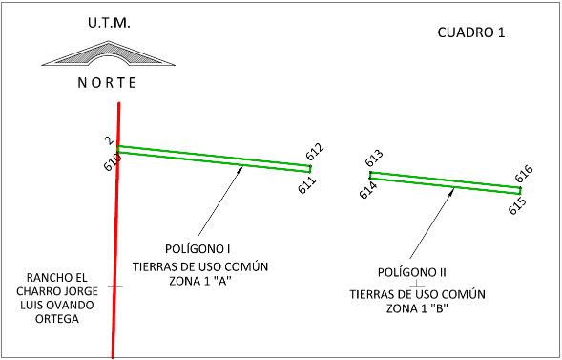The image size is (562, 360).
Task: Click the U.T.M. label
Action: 109,23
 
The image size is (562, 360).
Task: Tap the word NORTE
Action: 107,83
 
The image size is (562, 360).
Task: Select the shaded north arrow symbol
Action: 108,53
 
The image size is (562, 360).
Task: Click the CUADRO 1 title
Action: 471,32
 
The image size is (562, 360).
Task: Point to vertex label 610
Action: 113,161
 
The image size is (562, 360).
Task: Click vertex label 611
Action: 307,184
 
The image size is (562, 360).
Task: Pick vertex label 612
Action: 315,152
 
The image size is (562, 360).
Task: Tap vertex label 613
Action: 374,159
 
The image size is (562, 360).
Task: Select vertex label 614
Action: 368,190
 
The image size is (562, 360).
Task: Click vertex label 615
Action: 517,206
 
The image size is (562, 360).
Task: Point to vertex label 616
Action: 524,174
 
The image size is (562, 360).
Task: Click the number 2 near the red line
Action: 109,140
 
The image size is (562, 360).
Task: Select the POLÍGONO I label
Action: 198,249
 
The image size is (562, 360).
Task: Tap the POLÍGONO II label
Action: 412,272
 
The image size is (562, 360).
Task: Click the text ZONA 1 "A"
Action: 200,281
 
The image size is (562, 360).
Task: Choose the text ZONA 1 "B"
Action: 417,308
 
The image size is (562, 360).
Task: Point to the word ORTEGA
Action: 57,319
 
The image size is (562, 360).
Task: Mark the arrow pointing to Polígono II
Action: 432,223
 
